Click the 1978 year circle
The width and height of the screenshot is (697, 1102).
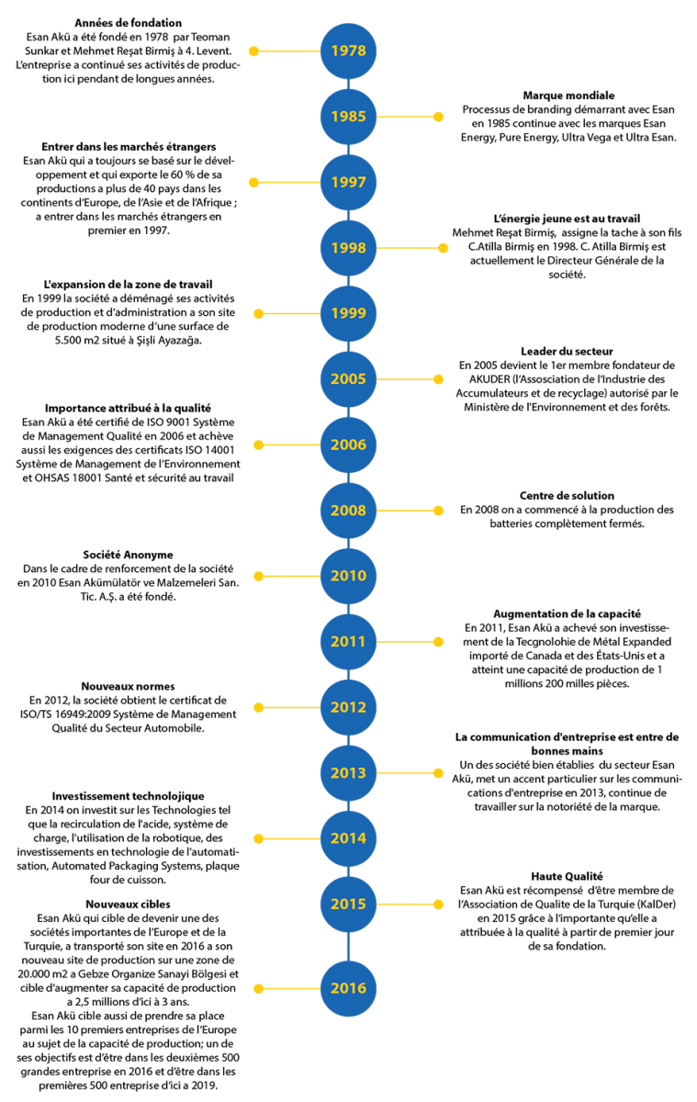[348, 51]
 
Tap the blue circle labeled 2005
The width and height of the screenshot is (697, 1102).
[348, 378]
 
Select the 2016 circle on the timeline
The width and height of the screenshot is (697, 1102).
[348, 988]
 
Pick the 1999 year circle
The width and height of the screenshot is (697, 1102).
[348, 313]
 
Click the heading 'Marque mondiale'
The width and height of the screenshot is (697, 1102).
[568, 96]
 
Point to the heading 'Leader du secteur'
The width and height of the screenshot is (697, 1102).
[568, 351]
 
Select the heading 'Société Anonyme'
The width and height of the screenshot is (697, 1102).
[128, 555]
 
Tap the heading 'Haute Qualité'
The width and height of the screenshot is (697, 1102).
[567, 876]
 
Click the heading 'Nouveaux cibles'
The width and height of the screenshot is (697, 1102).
[128, 905]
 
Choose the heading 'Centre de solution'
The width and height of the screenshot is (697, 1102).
[568, 496]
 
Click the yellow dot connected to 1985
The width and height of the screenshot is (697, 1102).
[438, 117]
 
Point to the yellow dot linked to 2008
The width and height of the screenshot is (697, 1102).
[438, 511]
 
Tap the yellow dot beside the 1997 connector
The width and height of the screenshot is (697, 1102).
[253, 183]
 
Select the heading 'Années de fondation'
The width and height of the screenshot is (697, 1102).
[128, 23]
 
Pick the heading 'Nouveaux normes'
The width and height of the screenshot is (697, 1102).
[128, 686]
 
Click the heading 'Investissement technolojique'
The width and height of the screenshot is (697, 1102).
[128, 796]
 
